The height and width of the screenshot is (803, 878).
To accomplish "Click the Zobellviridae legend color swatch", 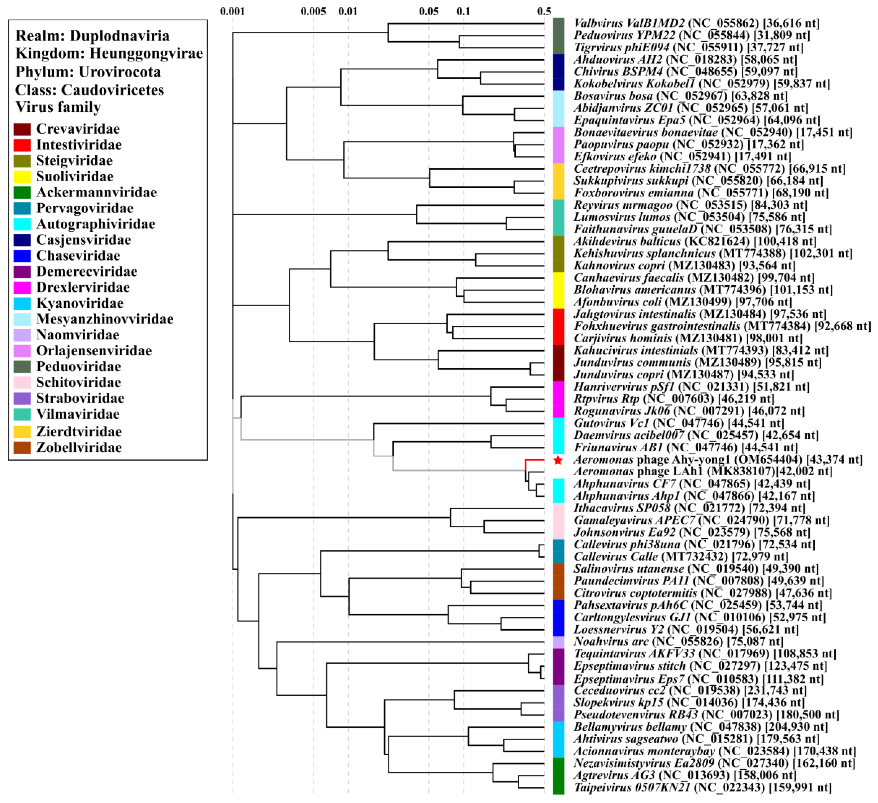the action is [x=22, y=447].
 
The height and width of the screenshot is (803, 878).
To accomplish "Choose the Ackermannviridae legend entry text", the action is [x=96, y=192].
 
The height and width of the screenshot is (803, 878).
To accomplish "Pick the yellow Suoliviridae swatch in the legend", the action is [x=22, y=177].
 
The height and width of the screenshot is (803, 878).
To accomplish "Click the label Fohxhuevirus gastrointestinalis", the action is [x=656, y=326].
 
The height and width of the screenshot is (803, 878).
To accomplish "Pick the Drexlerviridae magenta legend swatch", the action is [x=22, y=288].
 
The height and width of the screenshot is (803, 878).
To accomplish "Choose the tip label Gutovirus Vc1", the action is [x=611, y=423].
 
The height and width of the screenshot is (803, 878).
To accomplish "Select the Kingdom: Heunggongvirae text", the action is [x=109, y=53].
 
